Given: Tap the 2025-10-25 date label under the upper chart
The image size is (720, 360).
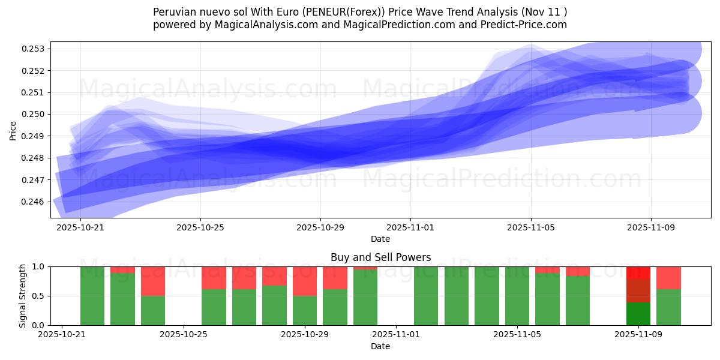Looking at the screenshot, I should pos(200,228).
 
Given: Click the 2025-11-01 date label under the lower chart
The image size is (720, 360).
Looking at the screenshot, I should pos(396,335).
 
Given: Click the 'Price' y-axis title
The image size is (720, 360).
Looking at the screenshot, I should pos(13,130).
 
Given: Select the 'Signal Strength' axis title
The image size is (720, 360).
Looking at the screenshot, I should pos(22,296).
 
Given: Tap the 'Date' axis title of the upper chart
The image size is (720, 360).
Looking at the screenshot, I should pos(380,239).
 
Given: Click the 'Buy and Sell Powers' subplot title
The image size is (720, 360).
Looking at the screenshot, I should pos(380,257).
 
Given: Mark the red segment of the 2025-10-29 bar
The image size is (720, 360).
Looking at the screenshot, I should pos(305,281).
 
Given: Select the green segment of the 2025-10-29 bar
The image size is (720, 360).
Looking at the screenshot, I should pos(305,310).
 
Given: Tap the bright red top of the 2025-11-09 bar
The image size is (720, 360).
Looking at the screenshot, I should pos(638,272).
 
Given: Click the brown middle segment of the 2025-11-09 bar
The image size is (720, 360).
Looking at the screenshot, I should pos(638,290).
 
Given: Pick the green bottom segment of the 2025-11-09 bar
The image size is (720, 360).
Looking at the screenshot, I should pos(638,314).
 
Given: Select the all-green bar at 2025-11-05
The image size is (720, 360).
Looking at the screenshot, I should pos(517,296).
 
